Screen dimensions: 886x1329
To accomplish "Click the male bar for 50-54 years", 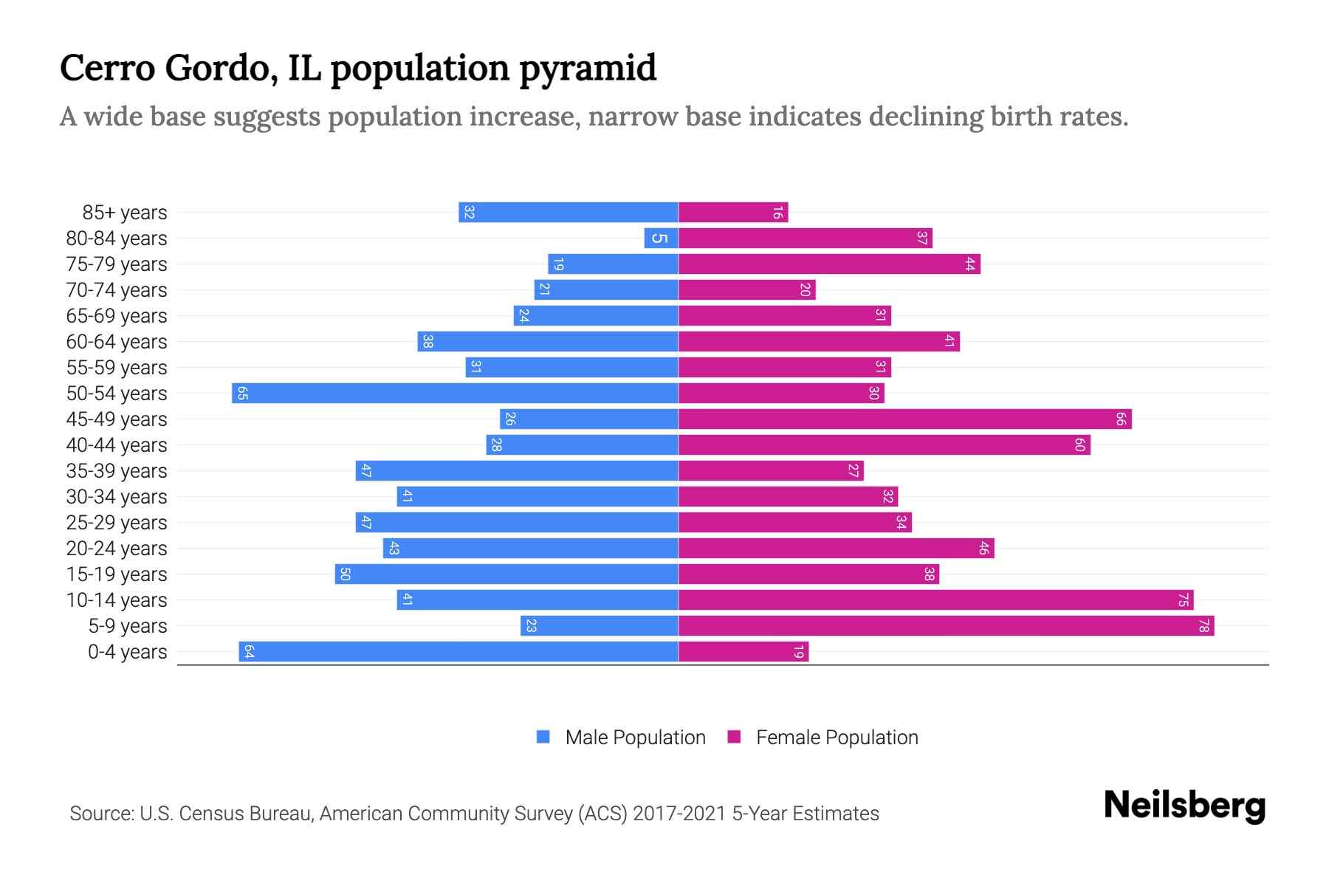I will [455, 393].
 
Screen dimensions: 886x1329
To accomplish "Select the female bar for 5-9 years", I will [946, 626].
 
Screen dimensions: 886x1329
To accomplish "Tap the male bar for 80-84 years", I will [661, 238].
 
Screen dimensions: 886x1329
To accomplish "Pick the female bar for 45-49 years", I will [904, 419].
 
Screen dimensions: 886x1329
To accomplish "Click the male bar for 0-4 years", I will [458, 652].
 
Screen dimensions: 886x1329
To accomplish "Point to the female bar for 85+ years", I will [733, 213].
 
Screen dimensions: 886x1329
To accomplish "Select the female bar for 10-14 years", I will [935, 600].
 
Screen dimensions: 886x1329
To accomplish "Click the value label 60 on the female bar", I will [1079, 445].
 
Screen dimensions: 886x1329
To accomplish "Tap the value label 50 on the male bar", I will [345, 574].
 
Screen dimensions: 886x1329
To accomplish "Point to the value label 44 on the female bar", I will [969, 264].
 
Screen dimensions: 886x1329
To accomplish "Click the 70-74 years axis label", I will [117, 290].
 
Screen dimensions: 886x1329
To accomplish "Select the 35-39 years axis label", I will [117, 471].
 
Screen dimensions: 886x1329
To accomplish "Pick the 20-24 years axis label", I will [117, 549].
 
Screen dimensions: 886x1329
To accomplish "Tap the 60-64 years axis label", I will [117, 342].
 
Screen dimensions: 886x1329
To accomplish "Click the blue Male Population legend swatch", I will [543, 737].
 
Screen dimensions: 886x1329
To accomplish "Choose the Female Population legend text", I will [837, 738].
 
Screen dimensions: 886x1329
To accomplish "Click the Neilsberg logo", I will [1184, 806].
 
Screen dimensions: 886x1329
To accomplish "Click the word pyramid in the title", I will [588, 69].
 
